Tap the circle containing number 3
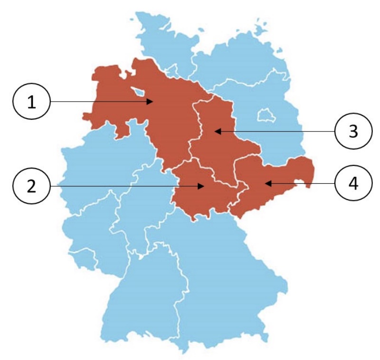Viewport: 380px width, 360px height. [x=352, y=132]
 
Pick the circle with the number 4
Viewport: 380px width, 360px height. [x=352, y=183]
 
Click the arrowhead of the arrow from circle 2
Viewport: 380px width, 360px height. [x=203, y=187]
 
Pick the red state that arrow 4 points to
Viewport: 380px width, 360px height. [x=275, y=180]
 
